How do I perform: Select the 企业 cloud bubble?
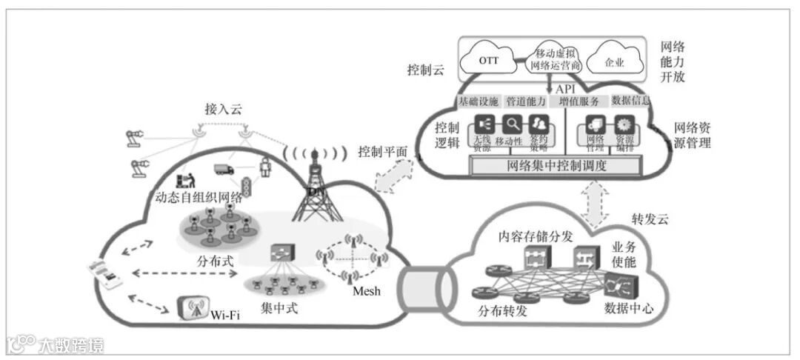point(614,61)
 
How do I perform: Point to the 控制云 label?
point(425,70)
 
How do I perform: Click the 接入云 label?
point(223,108)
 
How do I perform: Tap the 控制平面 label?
point(382,152)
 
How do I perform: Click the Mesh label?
point(367,291)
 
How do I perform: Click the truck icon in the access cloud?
point(224,170)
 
